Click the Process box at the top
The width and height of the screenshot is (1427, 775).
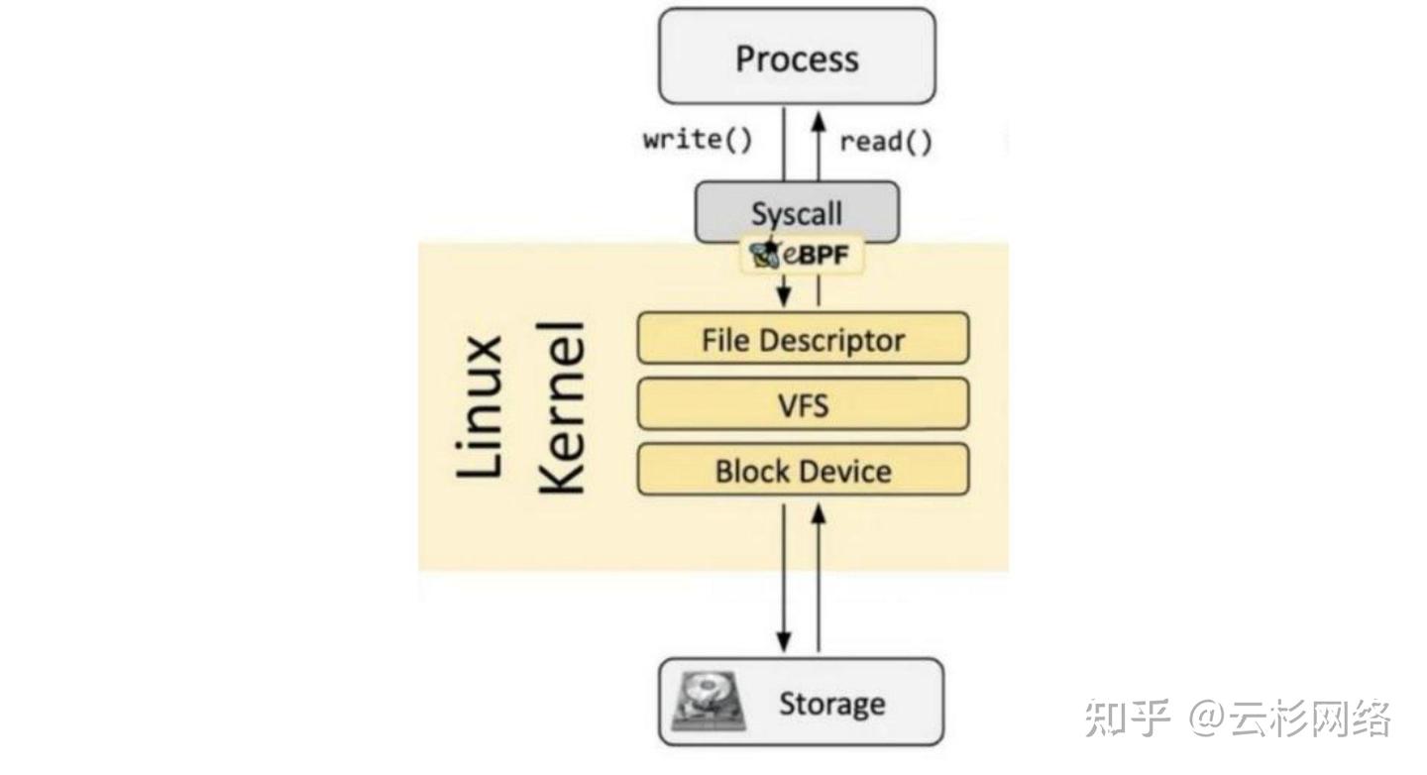click(x=797, y=56)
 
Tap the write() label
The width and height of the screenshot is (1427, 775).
click(x=698, y=140)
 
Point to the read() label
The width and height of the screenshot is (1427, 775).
click(x=886, y=142)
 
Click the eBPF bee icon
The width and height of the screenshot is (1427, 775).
click(x=765, y=255)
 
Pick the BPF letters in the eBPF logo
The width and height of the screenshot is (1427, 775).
click(x=823, y=255)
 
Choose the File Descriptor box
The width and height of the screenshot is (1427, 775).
click(x=804, y=338)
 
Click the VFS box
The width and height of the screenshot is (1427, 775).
click(x=804, y=404)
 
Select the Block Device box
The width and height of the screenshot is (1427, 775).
click(x=804, y=470)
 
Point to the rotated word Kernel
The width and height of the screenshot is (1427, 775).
click(x=561, y=408)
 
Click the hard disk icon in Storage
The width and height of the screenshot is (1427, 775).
click(x=709, y=702)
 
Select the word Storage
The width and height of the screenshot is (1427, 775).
click(x=832, y=704)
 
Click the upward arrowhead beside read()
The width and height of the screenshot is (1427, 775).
click(x=819, y=121)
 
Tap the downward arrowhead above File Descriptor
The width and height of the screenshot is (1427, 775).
click(x=784, y=295)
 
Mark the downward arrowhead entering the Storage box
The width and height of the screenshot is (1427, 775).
click(x=784, y=640)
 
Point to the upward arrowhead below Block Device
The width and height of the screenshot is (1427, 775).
click(x=819, y=515)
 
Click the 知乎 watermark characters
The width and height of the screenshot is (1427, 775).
click(x=1127, y=718)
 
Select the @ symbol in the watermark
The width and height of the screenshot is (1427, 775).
click(x=1207, y=718)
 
